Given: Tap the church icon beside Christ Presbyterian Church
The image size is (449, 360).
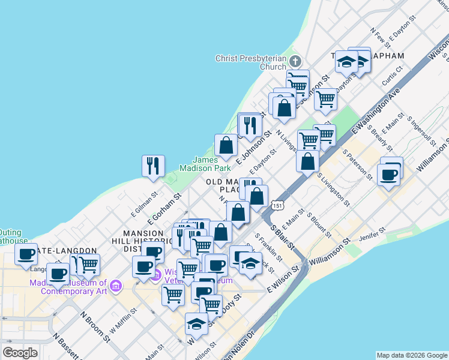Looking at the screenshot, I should [295, 62].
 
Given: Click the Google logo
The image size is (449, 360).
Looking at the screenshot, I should [20, 353].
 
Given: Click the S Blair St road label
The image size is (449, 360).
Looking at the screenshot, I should [282, 237].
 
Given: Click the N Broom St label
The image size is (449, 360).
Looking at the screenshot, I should [95, 326].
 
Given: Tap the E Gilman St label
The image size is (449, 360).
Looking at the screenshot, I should [144, 202].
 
